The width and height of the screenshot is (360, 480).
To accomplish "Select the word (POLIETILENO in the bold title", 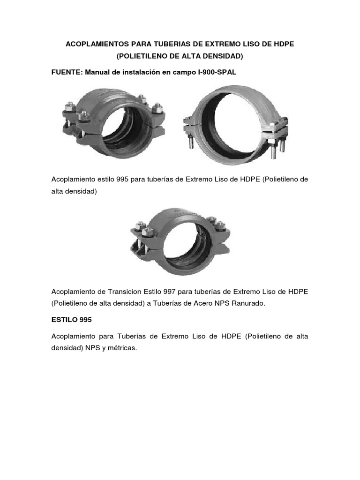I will click(140, 56).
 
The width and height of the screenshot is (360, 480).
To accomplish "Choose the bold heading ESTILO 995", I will click(72, 320).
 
